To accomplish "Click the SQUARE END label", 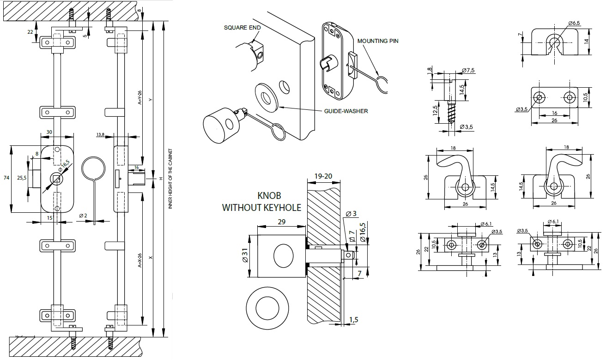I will click(x=242, y=27).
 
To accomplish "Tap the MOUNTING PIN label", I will click(x=378, y=41).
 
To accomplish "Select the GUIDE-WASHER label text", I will click(x=346, y=111).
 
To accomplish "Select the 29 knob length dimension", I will click(x=282, y=222).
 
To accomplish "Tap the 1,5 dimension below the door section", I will click(x=354, y=320).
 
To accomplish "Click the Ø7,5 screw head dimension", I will click(x=468, y=71).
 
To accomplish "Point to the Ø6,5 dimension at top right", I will click(x=574, y=23).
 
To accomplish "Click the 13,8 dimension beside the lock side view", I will click(x=100, y=134).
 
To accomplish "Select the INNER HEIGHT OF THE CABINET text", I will click(x=170, y=179).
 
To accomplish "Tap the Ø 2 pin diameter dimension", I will click(x=83, y=216).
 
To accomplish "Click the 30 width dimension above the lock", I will click(x=50, y=132).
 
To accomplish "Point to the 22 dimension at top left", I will click(x=30, y=32).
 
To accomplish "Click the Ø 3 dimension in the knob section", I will click(x=352, y=214).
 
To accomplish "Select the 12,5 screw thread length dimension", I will click(x=435, y=111).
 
